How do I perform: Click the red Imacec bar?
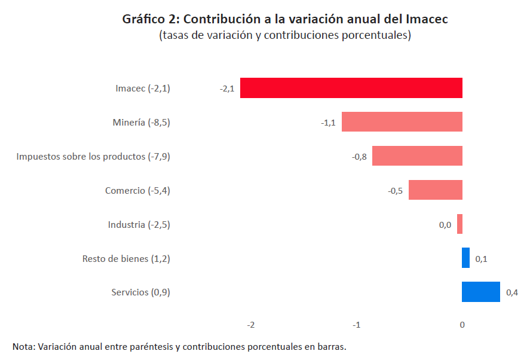pos(351,88)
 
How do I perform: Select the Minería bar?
pos(402,122)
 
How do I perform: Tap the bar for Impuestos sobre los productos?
pos(417,156)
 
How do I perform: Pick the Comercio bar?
pos(435,190)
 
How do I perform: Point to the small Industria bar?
pos(459,224)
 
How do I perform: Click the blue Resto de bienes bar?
pos(465,258)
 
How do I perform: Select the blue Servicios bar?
pos(480,292)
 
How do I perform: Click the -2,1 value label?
pos(227,89)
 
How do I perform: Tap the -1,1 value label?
pos(328,123)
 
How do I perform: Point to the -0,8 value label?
pos(359,157)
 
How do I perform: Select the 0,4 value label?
pos(512,293)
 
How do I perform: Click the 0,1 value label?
pos(481,259)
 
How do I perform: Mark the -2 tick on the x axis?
pos(251,325)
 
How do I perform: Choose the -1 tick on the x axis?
pos(356,325)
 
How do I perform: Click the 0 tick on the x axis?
pos(462,325)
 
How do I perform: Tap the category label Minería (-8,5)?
pos(141,123)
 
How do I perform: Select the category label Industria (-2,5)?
pos(139,225)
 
